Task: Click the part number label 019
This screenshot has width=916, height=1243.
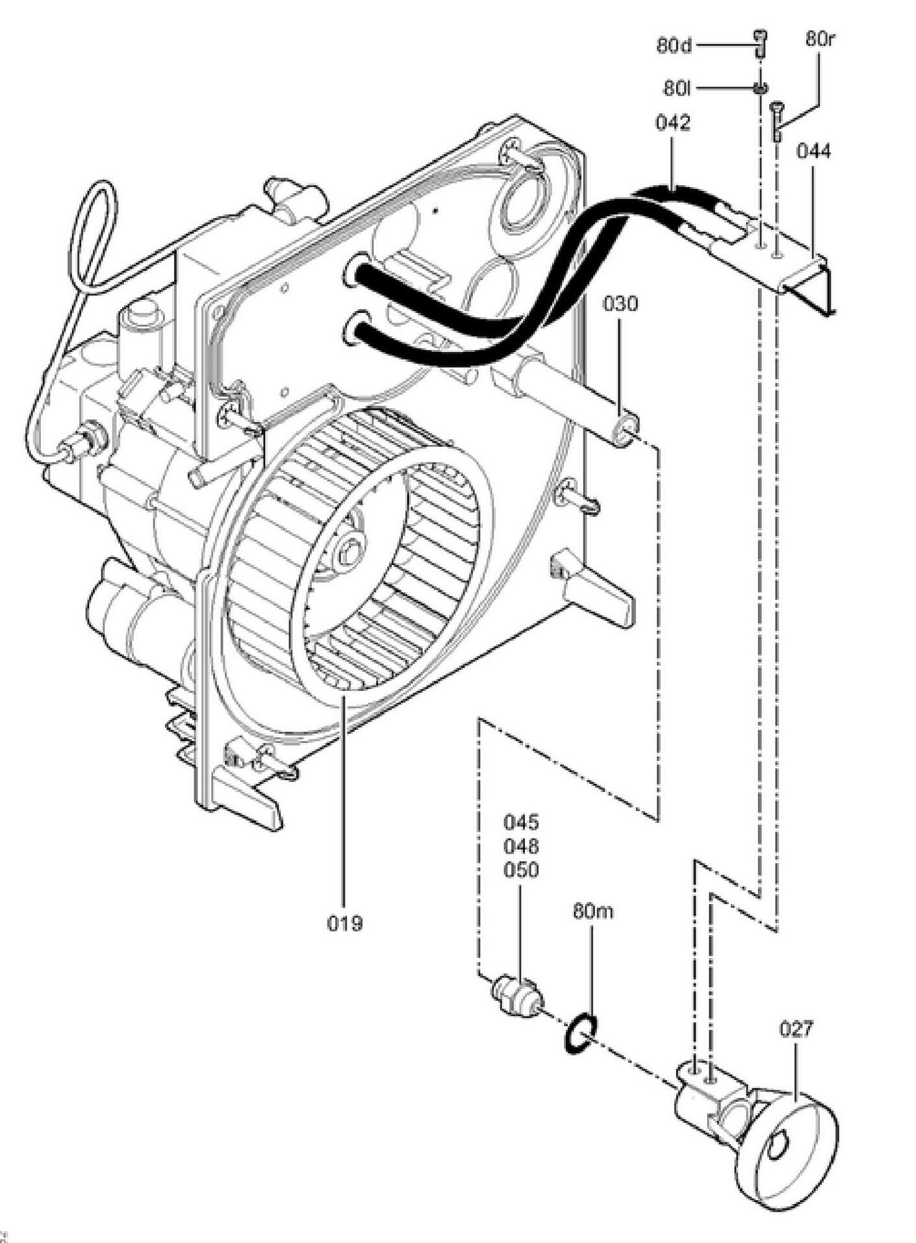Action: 344,923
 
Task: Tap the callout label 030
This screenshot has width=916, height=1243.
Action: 620,304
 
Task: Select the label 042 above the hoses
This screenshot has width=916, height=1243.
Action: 672,123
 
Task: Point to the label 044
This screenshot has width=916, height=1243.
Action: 813,151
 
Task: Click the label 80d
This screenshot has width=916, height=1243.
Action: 675,46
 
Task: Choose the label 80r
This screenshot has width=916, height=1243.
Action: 820,38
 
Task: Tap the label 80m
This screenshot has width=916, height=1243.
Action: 592,912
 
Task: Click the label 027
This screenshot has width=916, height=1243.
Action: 795,1029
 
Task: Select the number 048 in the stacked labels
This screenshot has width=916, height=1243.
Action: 521,846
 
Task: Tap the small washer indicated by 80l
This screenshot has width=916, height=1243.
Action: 759,87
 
